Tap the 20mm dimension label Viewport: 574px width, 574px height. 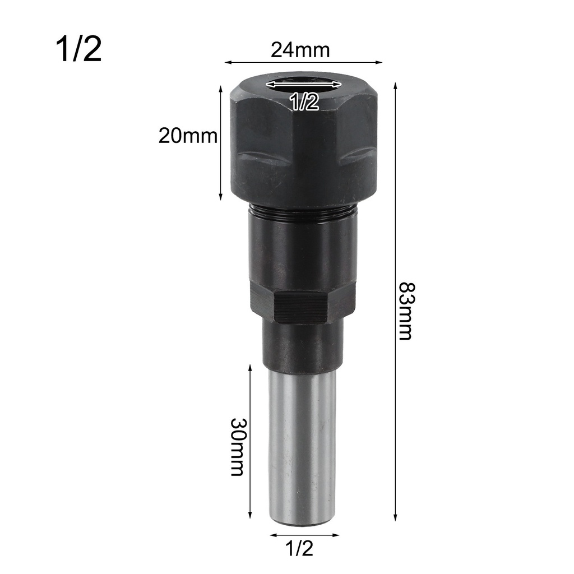pyautogui.click(x=187, y=136)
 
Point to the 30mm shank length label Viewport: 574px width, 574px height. pyautogui.click(x=237, y=446)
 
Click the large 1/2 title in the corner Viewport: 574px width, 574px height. pyautogui.click(x=78, y=49)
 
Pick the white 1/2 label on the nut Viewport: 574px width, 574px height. pyautogui.click(x=303, y=101)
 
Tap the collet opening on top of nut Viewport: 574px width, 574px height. pyautogui.click(x=303, y=84)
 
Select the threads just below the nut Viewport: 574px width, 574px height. pyautogui.click(x=303, y=212)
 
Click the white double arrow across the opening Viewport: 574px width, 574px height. pyautogui.click(x=303, y=84)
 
